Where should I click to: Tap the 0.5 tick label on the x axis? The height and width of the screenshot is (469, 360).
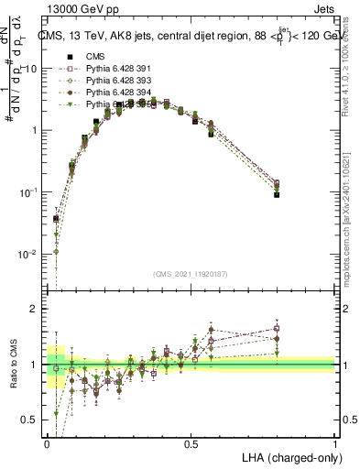(191, 443)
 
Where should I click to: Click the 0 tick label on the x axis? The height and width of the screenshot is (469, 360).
(47, 443)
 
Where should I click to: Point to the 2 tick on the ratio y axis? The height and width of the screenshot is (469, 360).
(35, 310)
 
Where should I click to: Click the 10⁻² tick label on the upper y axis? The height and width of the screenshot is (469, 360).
(27, 254)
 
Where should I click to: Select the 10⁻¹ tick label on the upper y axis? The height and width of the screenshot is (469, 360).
(27, 192)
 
